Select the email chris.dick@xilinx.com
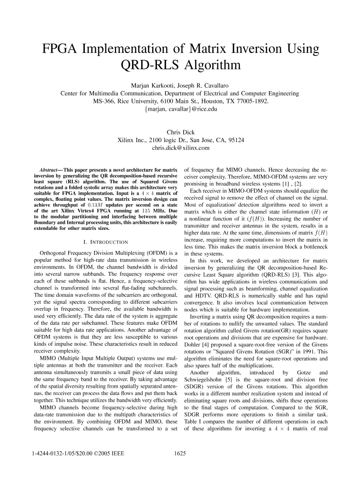180,148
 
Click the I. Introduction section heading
104,242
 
